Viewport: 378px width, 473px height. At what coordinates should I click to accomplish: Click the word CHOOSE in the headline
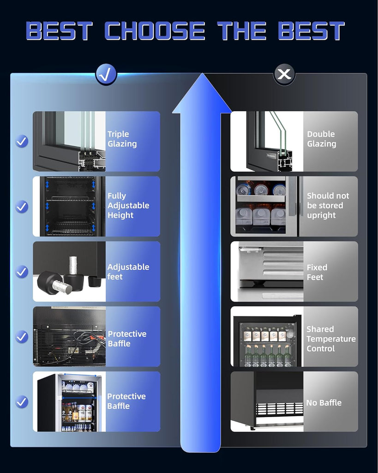coord(155,31)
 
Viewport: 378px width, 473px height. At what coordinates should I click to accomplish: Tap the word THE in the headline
coord(241,31)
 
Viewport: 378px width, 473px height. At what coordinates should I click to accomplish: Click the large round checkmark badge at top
coord(106,74)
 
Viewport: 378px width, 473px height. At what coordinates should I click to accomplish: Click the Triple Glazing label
coord(122,139)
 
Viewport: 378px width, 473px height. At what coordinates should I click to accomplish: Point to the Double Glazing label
coord(321,139)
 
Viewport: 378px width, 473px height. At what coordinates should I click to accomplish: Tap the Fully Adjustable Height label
coord(128,206)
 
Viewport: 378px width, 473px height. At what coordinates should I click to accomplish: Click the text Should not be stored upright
coord(328,206)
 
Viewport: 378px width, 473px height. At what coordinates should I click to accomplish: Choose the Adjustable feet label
coord(128,272)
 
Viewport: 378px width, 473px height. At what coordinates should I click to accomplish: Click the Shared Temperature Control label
coord(331,339)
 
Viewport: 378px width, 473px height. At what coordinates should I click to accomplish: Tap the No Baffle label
coord(324,403)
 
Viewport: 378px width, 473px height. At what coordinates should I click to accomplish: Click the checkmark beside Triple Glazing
coord(22,141)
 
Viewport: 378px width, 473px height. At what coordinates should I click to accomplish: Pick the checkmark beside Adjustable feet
coord(22,272)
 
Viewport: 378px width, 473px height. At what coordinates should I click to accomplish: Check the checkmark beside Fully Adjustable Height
coord(22,206)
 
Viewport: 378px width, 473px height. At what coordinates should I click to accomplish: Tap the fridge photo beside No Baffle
coord(267,401)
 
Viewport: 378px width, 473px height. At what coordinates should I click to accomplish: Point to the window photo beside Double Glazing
coord(267,141)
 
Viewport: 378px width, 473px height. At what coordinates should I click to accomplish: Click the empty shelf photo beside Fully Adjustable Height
coord(69,206)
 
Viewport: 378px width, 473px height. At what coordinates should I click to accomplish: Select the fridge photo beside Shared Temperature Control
coord(267,337)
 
